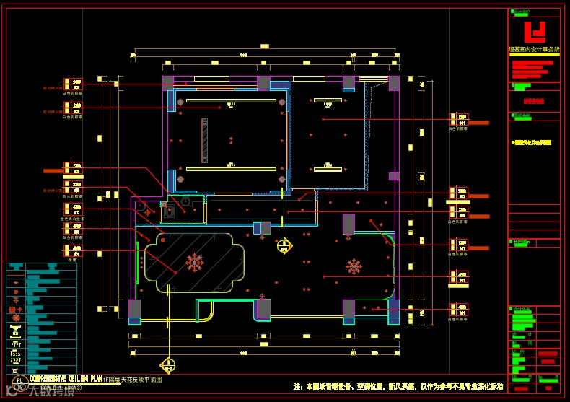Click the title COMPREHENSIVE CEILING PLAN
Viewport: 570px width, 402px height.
coord(65,377)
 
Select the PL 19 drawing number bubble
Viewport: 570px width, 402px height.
coord(20,382)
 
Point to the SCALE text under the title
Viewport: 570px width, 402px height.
coord(61,388)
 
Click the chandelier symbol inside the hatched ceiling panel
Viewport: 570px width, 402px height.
coord(194,263)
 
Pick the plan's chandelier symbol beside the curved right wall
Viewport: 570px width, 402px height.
coord(354,267)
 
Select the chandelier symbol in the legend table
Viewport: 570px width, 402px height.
coord(15,310)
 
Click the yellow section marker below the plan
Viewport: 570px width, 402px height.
coord(167,365)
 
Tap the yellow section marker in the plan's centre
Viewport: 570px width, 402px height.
coord(285,245)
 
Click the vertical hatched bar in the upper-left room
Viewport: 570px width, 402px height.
coord(205,139)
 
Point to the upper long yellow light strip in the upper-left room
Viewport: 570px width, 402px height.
coord(231,101)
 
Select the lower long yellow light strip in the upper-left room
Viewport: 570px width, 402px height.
coord(231,169)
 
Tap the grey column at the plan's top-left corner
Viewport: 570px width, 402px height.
coord(168,82)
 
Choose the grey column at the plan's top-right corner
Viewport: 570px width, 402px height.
coord(394,83)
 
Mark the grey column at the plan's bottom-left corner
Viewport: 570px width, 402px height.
coord(135,310)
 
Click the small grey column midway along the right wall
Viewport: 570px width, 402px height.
coord(394,176)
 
